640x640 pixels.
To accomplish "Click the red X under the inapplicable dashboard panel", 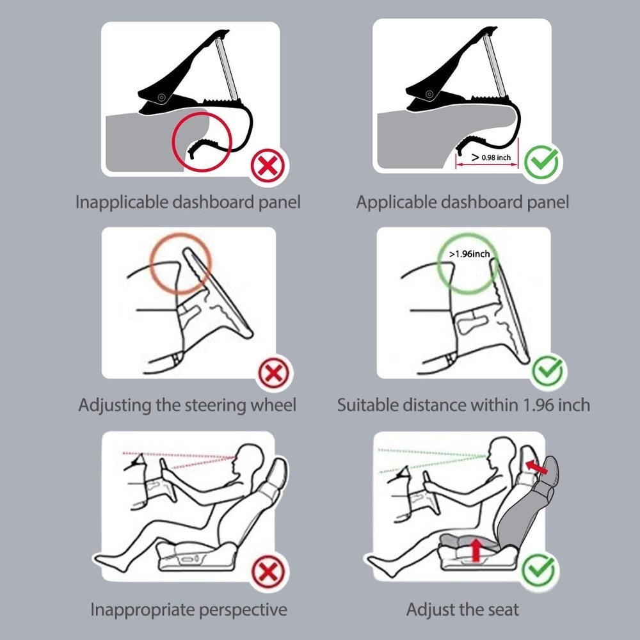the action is (x=268, y=166).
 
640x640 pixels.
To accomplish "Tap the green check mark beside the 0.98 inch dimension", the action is (x=541, y=162).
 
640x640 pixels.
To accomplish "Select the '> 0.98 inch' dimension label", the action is (x=491, y=157).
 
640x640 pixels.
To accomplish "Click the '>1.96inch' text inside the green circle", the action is (x=469, y=254).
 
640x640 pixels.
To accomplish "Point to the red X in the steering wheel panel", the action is (x=274, y=373).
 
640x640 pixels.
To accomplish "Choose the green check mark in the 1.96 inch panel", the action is (x=549, y=371).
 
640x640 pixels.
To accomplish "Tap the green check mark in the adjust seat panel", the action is (x=539, y=570).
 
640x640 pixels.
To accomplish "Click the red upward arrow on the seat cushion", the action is (x=476, y=549).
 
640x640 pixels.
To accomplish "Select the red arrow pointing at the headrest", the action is (x=536, y=467).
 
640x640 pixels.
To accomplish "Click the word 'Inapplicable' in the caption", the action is (x=122, y=202).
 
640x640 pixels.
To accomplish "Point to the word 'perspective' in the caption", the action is (x=243, y=610).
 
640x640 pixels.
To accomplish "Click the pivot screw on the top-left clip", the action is (x=161, y=97).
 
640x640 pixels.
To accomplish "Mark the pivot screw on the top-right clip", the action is (x=429, y=94).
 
